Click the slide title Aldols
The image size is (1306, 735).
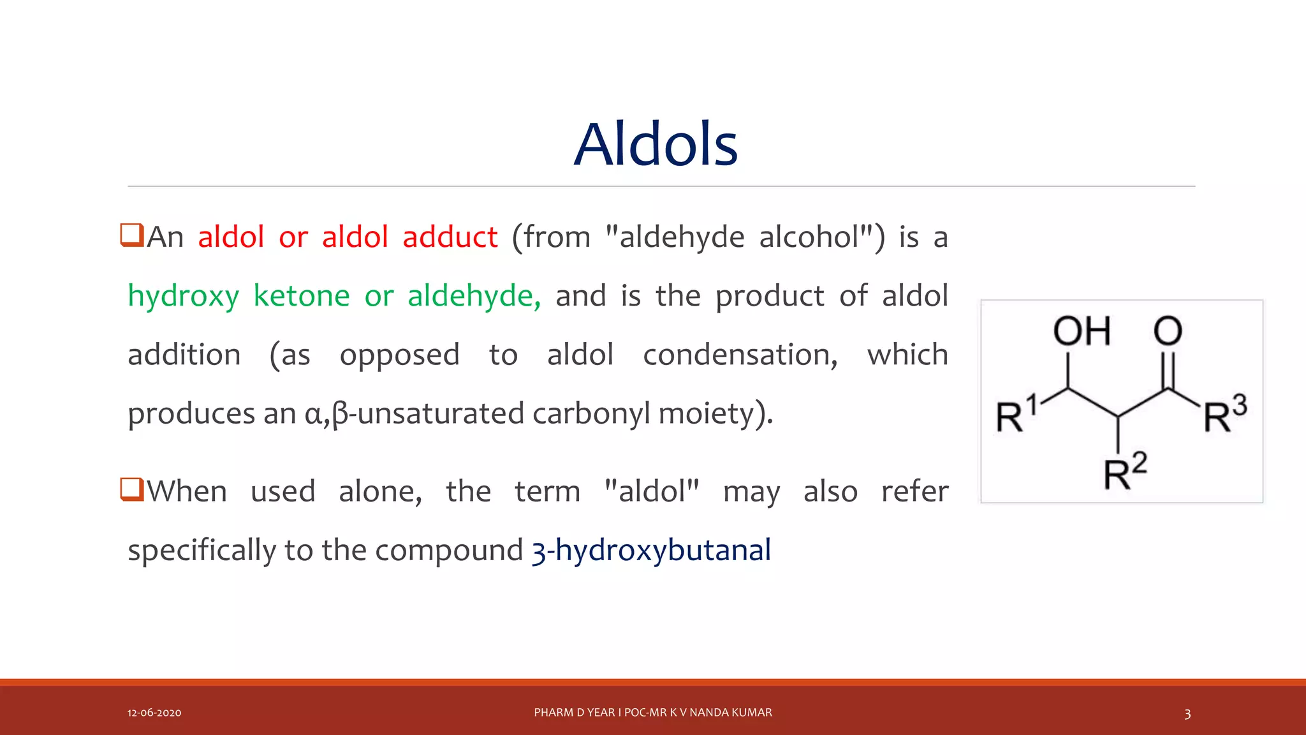pos(656,145)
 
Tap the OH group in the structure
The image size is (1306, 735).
pos(1082,331)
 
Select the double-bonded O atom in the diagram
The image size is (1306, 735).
pos(1168,331)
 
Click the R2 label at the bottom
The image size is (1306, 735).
pos(1125,472)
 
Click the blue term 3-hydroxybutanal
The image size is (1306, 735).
pos(651,550)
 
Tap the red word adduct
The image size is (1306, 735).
pos(450,237)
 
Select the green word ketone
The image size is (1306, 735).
pos(302,296)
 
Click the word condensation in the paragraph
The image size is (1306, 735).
pos(740,355)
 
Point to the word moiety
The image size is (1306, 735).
pos(714,413)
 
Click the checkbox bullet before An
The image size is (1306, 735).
pos(132,235)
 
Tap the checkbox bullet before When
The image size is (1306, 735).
pos(132,489)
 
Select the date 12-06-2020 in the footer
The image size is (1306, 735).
pos(154,713)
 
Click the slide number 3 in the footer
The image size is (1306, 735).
pos(1187,713)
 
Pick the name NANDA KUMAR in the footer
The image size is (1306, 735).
pos(731,713)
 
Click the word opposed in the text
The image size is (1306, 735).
pos(399,355)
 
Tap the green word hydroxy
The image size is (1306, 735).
pos(184,297)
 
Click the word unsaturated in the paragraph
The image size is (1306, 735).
pos(441,413)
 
